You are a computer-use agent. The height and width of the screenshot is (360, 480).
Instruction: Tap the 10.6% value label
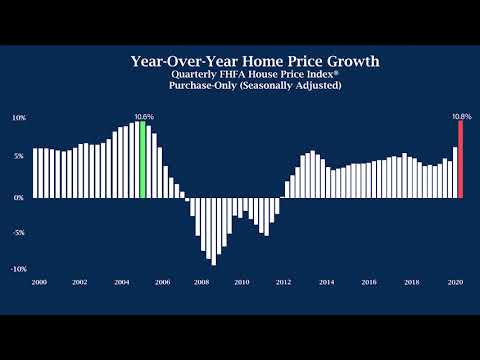point(144,117)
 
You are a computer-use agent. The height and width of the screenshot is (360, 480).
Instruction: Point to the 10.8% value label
point(461,117)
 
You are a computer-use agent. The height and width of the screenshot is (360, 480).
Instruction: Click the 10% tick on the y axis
point(18,117)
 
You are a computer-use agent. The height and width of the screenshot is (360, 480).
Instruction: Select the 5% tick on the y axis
point(19,157)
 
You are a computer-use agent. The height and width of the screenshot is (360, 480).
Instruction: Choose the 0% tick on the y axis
point(19,197)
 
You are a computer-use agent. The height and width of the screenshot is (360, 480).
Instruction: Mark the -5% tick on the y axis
point(18,233)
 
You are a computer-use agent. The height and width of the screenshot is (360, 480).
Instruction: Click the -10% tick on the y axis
point(18,269)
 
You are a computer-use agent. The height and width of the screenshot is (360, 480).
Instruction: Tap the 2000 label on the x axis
point(39,283)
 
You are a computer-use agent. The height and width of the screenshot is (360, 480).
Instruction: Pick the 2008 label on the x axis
point(201,283)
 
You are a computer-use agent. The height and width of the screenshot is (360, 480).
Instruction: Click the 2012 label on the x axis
point(283,283)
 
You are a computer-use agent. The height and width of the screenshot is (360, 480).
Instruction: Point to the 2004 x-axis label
point(120,283)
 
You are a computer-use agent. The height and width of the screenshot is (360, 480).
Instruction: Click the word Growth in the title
point(345,61)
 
